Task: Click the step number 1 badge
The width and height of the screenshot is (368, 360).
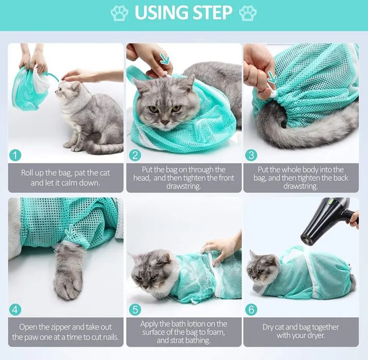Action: click(15, 156)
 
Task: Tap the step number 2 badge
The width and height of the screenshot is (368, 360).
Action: click(135, 156)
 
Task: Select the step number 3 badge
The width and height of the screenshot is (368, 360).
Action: click(252, 156)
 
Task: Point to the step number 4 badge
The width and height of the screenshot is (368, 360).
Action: click(15, 310)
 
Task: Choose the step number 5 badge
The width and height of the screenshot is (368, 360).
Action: click(135, 310)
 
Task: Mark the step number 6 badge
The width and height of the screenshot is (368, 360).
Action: click(252, 310)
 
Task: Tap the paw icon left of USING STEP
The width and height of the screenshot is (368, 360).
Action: click(120, 13)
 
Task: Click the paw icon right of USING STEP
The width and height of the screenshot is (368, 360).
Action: click(248, 13)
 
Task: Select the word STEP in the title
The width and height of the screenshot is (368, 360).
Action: click(210, 13)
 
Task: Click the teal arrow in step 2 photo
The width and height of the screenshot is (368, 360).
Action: click(165, 59)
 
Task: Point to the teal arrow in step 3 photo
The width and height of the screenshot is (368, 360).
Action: click(272, 77)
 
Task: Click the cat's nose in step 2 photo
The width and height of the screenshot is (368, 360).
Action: click(165, 123)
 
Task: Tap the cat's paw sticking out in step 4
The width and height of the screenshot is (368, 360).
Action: click(69, 272)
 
